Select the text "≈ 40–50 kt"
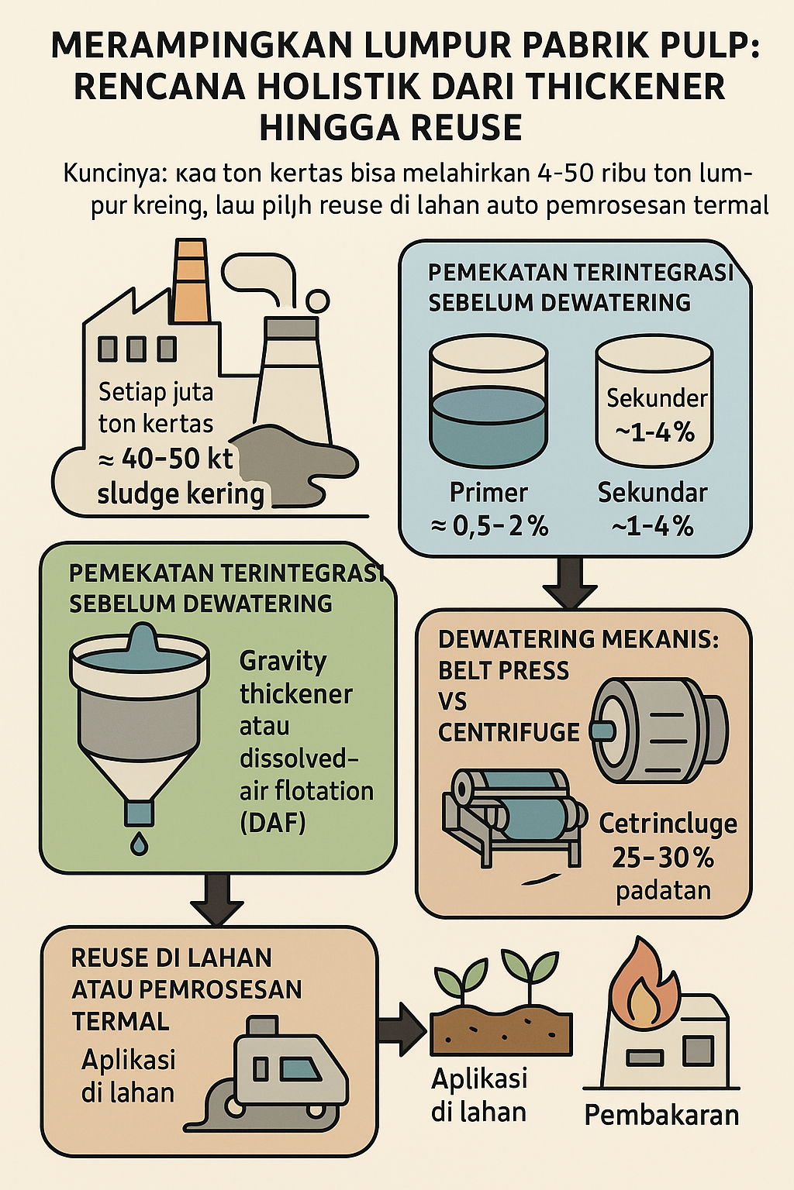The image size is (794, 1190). tap(166, 459)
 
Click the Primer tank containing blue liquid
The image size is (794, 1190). tap(488, 403)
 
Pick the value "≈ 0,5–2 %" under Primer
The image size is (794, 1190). tap(489, 527)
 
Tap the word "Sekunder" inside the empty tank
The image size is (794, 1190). tap(656, 398)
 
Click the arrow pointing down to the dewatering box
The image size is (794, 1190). tap(570, 583)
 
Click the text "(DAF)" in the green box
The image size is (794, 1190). tap(273, 823)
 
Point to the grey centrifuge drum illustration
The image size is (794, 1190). tap(659, 731)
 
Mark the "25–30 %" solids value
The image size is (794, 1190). tap(663, 858)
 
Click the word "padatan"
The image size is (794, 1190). tap(663, 891)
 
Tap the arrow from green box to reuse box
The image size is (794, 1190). tap(216, 899)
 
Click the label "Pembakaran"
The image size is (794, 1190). tap(661, 1116)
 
